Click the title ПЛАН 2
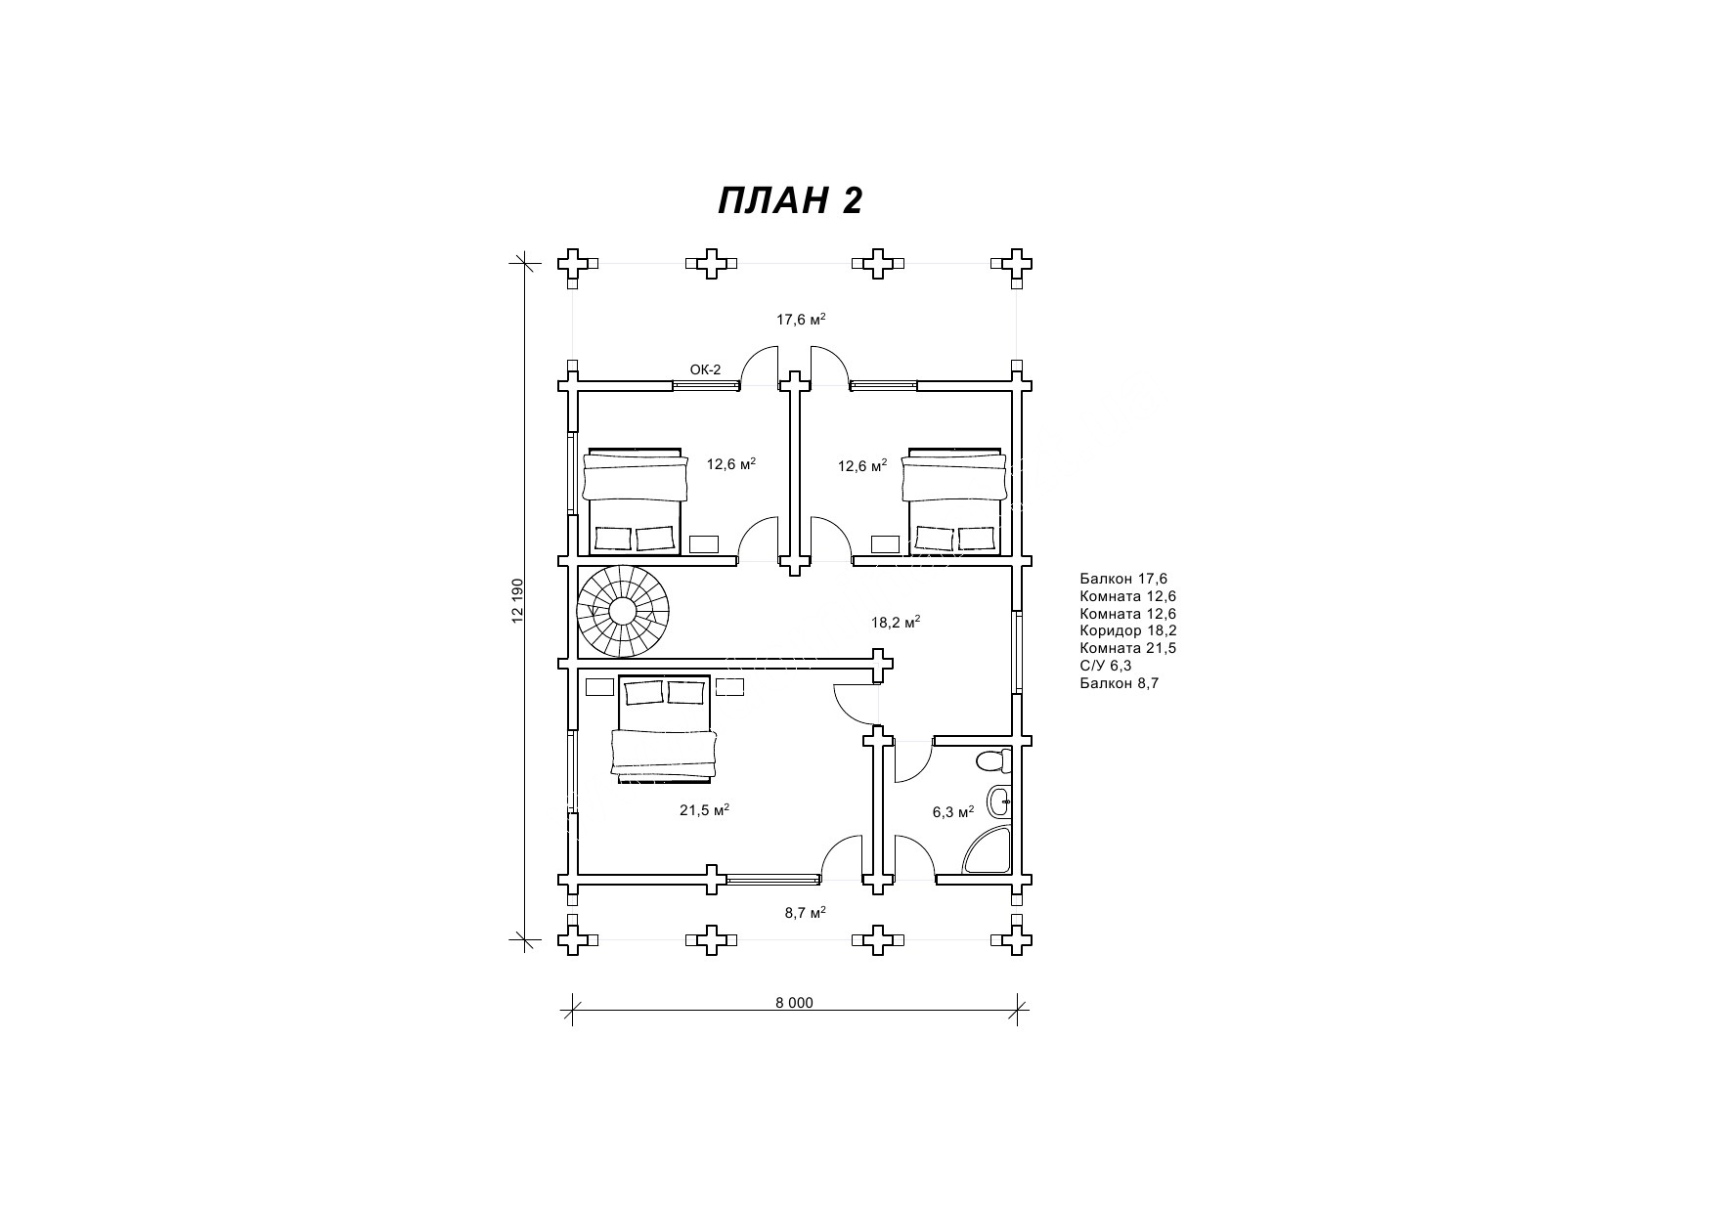click(790, 200)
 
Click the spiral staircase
click(623, 613)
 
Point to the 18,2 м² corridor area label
click(896, 622)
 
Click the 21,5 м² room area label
click(705, 810)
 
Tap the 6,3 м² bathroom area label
click(953, 812)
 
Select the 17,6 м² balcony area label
click(801, 319)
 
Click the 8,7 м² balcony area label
click(806, 912)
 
